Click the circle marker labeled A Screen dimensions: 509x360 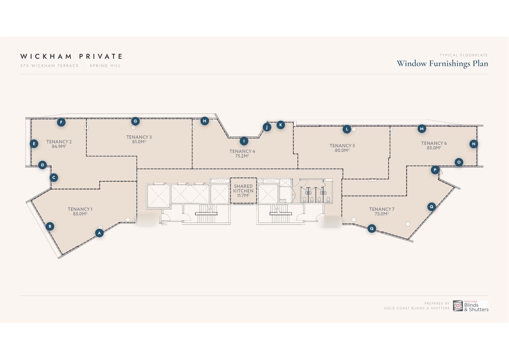tap(99, 233)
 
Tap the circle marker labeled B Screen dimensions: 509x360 tap(50, 227)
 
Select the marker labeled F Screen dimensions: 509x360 tap(61, 122)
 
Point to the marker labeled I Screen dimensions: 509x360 tap(244, 141)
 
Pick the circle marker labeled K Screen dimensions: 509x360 tap(281, 125)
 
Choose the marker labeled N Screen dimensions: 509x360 tap(474, 144)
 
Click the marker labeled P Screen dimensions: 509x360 tap(435, 170)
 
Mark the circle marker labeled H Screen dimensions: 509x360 tap(205, 121)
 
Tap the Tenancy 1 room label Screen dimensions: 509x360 tap(80, 209)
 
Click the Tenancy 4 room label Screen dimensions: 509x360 tap(242, 151)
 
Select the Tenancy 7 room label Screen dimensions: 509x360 tap(381, 209)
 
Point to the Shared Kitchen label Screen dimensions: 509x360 tap(243, 188)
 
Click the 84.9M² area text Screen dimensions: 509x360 tap(59, 146)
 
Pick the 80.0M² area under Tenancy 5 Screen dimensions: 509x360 tap(342, 150)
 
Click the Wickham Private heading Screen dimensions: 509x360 tap(72, 56)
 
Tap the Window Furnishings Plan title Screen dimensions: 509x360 tap(442, 64)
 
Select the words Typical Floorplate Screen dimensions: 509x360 tap(464, 55)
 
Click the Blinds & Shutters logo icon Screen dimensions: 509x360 tap(458, 306)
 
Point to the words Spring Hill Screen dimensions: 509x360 tap(105, 66)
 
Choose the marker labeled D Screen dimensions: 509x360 tap(42, 165)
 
